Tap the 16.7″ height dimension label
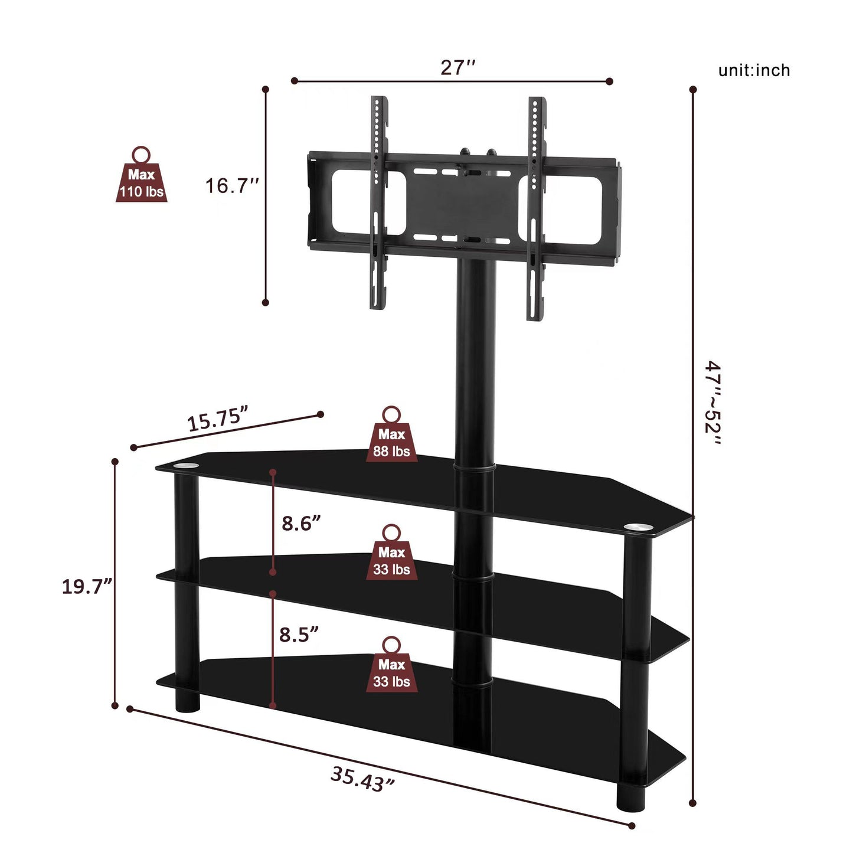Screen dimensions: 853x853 [232, 186]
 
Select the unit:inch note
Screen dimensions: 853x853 [753, 70]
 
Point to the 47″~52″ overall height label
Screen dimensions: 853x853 [713, 404]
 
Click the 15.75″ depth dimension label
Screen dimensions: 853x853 [217, 420]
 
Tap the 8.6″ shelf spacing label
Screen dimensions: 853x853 [301, 523]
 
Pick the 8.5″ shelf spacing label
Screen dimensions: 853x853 [299, 635]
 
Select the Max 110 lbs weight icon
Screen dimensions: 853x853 [141, 176]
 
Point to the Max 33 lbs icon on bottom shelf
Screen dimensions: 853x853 [391, 666]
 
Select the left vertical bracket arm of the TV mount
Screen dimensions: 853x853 [378, 204]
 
